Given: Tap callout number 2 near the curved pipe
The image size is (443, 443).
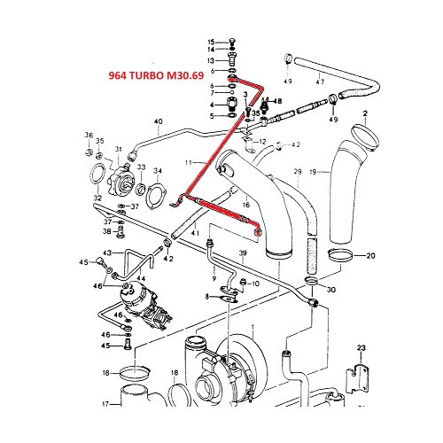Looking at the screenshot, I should pyautogui.click(x=363, y=113).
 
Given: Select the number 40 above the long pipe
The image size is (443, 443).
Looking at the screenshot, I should pyautogui.click(x=159, y=121).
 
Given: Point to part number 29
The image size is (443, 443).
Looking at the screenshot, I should pyautogui.click(x=298, y=170).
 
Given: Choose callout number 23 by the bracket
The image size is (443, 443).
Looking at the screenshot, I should pyautogui.click(x=361, y=346).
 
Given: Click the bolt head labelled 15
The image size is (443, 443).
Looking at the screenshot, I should pyautogui.click(x=229, y=42).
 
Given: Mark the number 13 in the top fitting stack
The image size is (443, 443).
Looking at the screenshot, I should pyautogui.click(x=211, y=61).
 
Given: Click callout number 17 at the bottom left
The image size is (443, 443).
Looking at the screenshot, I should pyautogui.click(x=104, y=404).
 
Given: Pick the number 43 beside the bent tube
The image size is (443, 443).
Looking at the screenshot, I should pyautogui.click(x=105, y=253).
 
